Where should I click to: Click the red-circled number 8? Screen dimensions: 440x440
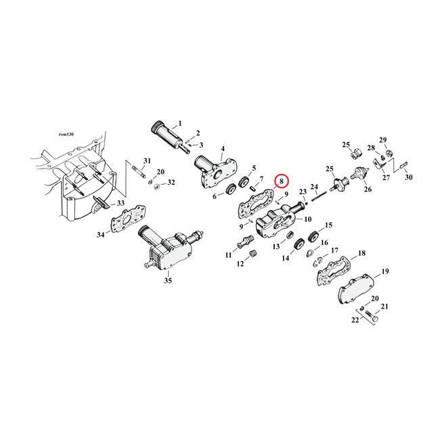pos(281,181)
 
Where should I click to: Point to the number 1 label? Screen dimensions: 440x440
pos(180,124)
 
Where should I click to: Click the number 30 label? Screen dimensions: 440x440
pos(408,178)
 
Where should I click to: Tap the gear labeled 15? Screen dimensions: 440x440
pos(313,237)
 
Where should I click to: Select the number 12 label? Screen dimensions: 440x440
pos(240,265)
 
